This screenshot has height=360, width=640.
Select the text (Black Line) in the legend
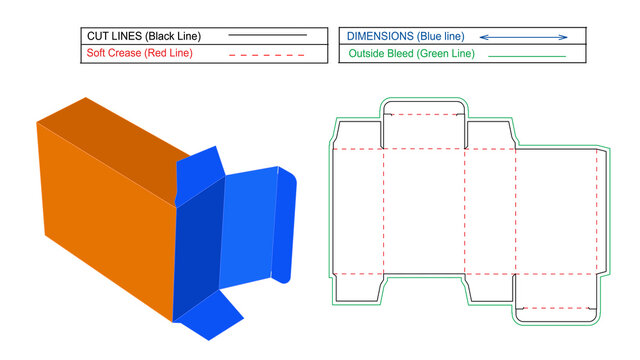click(184, 35)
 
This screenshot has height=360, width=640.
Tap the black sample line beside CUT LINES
click(267, 35)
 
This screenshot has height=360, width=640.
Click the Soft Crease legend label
click(112, 53)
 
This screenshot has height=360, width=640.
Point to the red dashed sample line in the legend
click(267, 54)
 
